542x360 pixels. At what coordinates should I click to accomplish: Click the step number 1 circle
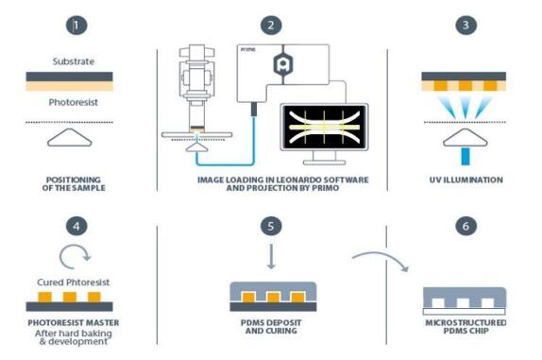tap(76, 25)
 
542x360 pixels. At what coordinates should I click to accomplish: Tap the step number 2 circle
tap(271, 25)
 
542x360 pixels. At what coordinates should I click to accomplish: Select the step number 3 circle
tap(466, 25)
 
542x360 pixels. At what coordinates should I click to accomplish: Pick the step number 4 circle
tap(76, 226)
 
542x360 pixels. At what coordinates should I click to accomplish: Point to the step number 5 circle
tap(271, 226)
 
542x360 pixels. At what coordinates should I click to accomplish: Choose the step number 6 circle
tap(466, 226)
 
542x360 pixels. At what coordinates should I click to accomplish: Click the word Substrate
tap(74, 61)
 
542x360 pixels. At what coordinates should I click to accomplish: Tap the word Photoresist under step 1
tap(74, 102)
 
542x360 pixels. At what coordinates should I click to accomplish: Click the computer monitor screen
tap(324, 128)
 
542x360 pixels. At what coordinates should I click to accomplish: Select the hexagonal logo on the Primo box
tap(283, 64)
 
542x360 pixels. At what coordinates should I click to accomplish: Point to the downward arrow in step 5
tap(271, 257)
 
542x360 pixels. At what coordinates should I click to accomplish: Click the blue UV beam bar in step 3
tap(466, 156)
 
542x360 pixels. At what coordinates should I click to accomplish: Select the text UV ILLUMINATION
tap(466, 180)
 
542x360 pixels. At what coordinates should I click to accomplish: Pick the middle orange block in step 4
tap(70, 297)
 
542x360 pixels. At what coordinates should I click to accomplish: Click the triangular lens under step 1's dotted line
tap(70, 138)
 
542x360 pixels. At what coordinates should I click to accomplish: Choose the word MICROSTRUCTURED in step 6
tap(466, 322)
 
